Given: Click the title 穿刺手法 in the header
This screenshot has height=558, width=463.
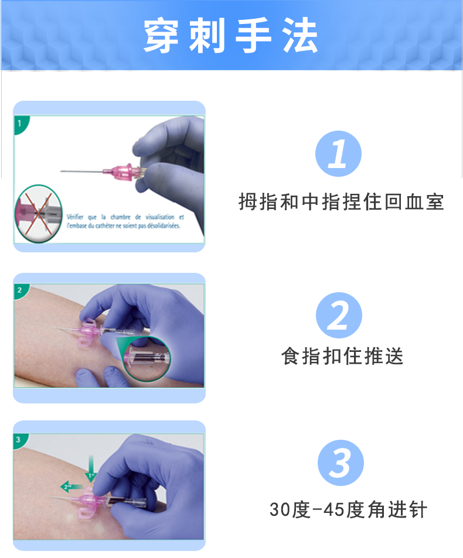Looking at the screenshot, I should [x=231, y=36].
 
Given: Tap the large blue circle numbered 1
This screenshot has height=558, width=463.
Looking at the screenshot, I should [x=338, y=154].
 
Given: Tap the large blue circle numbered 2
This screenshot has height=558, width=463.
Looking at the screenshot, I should [x=339, y=315].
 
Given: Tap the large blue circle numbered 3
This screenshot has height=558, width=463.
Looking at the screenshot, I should [x=341, y=463].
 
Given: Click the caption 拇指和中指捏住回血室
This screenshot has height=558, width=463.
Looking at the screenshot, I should [x=341, y=202].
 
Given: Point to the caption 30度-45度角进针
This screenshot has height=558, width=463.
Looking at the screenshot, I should [x=348, y=509].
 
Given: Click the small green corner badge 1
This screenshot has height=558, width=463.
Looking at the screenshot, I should [x=20, y=124].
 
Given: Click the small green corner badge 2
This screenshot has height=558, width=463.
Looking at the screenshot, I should [x=20, y=290].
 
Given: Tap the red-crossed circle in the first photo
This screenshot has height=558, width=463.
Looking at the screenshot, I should [x=37, y=214].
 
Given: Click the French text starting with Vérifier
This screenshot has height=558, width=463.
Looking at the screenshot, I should [x=125, y=221].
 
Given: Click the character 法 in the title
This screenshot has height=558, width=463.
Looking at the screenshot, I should [x=302, y=36].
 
